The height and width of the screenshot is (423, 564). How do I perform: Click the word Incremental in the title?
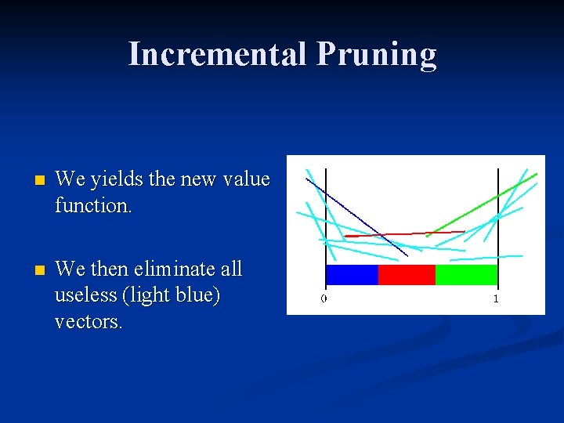pyautogui.click(x=217, y=54)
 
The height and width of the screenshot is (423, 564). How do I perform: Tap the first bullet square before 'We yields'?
pyautogui.click(x=31, y=181)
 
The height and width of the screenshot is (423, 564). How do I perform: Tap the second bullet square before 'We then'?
pyautogui.click(x=31, y=270)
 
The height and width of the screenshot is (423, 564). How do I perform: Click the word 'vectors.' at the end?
pyautogui.click(x=89, y=322)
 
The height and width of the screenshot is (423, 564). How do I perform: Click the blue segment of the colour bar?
pyautogui.click(x=352, y=275)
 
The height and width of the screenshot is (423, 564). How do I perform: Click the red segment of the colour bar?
pyautogui.click(x=407, y=275)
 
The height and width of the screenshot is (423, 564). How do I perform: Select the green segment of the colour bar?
pyautogui.click(x=466, y=275)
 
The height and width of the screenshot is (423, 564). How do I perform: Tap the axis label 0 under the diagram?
pyautogui.click(x=324, y=298)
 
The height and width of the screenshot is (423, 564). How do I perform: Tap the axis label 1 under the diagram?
pyautogui.click(x=496, y=298)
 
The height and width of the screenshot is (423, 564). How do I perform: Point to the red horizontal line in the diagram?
pyautogui.click(x=392, y=233)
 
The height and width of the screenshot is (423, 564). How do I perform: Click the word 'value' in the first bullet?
pyautogui.click(x=247, y=180)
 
